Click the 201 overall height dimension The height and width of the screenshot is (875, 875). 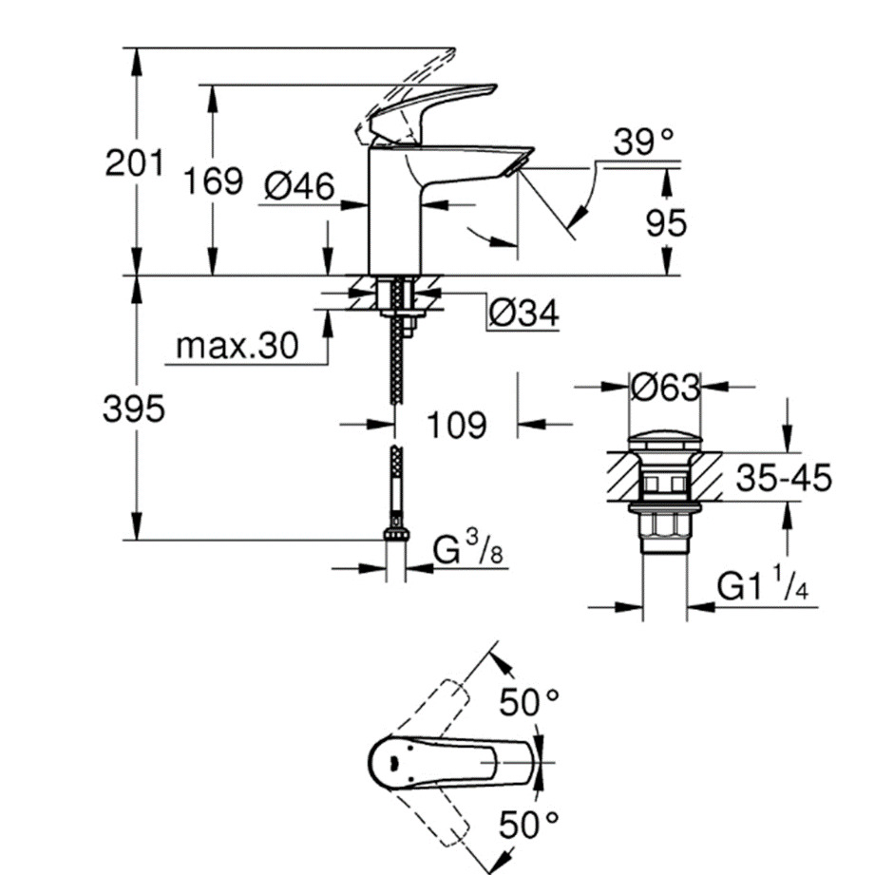133,164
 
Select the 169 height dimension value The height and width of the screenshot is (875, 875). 213,180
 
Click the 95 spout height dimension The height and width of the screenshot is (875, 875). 665,223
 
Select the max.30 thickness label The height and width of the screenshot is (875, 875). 237,347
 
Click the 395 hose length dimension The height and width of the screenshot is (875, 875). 134,409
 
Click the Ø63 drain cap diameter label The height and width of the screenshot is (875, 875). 665,387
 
